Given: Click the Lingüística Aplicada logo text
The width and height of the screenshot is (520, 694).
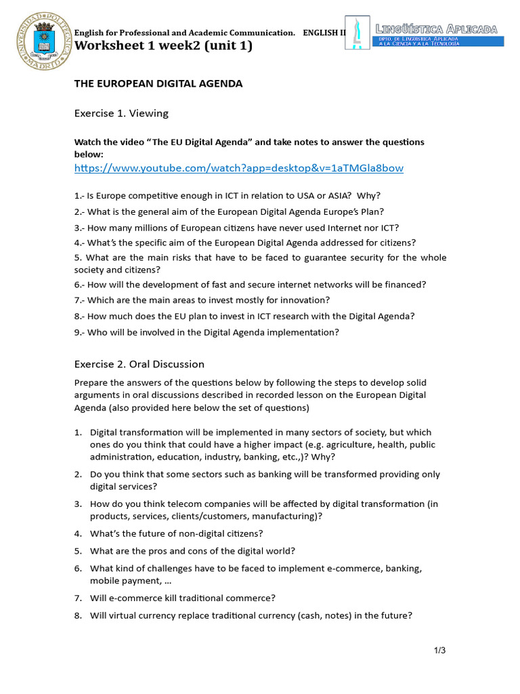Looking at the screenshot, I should click(x=437, y=29).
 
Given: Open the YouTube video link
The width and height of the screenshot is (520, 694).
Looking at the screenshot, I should click(x=238, y=168).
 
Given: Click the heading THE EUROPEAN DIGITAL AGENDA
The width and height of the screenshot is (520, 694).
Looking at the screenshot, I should click(x=158, y=83).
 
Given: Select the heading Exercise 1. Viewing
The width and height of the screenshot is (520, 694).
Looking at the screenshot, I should click(x=121, y=113).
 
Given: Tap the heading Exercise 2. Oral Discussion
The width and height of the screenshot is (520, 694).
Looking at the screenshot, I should click(x=139, y=364).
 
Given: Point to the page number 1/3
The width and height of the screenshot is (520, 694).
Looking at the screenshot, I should click(x=439, y=651).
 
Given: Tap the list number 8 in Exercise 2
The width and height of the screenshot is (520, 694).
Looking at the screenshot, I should click(x=78, y=616).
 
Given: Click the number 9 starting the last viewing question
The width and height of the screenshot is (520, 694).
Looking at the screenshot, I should click(x=77, y=332).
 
